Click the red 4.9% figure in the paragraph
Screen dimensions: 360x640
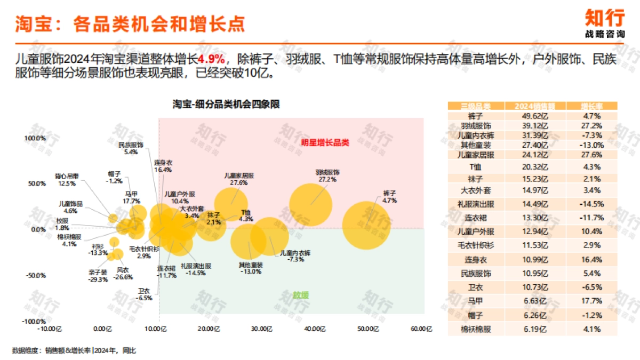click(212, 59)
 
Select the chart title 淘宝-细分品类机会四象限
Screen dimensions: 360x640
click(226, 105)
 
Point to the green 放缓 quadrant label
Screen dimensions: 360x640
click(300, 294)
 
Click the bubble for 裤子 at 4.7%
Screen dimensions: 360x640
click(366, 225)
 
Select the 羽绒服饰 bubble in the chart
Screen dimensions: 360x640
click(311, 204)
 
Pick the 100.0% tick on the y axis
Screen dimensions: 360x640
click(37, 139)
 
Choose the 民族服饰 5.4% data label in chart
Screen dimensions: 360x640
click(131, 148)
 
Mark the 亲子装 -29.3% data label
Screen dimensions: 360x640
click(98, 276)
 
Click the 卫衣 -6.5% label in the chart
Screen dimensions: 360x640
click(145, 294)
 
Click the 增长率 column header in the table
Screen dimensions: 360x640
click(592, 106)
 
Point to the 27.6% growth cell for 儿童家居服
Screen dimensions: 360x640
click(592, 155)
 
